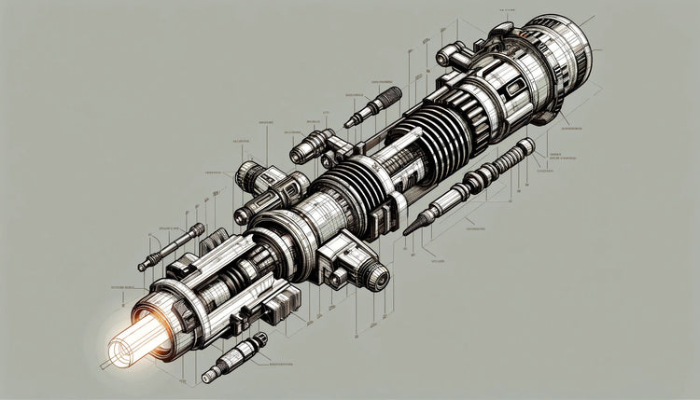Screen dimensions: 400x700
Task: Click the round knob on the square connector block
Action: pyautogui.click(x=375, y=274)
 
